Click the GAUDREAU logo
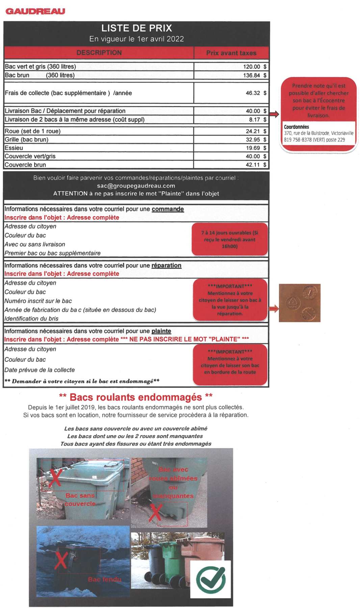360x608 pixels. (x=35, y=11)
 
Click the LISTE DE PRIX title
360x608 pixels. (x=136, y=28)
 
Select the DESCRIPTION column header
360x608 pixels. (x=99, y=53)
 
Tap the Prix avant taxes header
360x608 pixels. (x=231, y=53)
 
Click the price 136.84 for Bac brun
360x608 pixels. (x=252, y=75)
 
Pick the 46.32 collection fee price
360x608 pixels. (x=253, y=93)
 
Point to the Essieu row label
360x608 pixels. (x=14, y=148)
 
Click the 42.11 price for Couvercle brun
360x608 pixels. (x=253, y=165)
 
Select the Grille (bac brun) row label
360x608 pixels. (x=27, y=140)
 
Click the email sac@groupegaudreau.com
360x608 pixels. (x=136, y=186)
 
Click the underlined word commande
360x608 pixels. (x=168, y=209)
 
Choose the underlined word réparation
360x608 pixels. (x=166, y=265)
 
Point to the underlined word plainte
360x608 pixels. (x=161, y=331)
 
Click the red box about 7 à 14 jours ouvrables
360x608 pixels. (x=230, y=239)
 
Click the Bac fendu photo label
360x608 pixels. (x=104, y=579)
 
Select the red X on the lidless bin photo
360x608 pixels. (x=54, y=478)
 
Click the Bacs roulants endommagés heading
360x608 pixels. (x=136, y=397)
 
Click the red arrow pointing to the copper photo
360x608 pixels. (x=274, y=308)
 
